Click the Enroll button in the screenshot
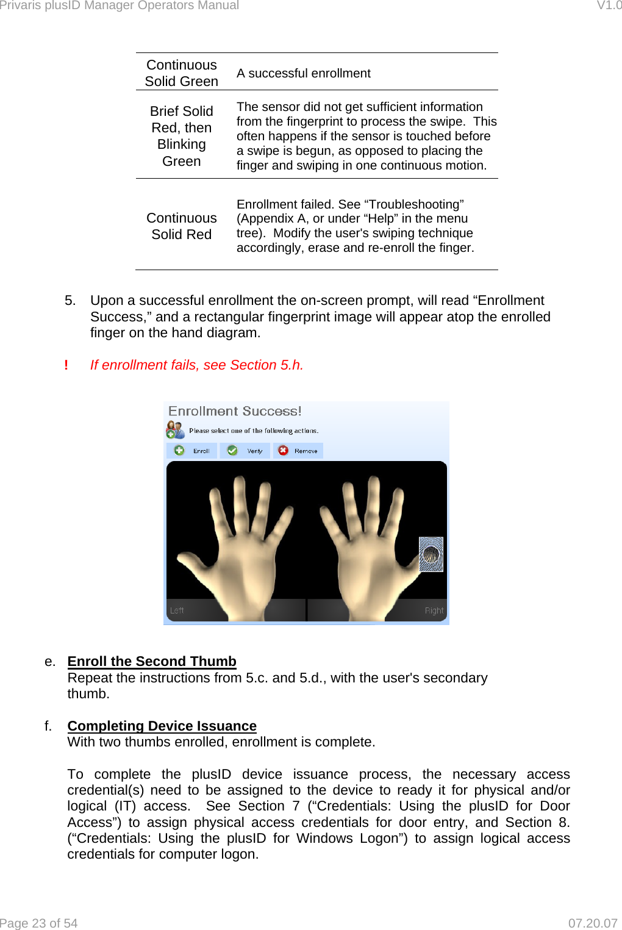(192, 451)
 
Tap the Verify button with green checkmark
(245, 451)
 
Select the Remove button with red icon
(298, 451)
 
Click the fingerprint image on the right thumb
(431, 554)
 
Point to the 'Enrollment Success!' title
(235, 411)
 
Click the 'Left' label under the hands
(177, 610)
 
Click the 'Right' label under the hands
(434, 610)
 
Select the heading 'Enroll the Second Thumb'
(152, 661)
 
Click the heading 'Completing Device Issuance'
(162, 726)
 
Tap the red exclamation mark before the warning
(66, 365)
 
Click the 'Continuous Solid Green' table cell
(182, 73)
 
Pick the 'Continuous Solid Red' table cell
(182, 226)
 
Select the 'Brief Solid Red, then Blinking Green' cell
(182, 136)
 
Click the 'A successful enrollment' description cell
(303, 73)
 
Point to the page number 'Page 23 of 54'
(39, 923)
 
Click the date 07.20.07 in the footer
(592, 923)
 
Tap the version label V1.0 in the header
(609, 5)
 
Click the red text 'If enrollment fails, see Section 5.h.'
(196, 365)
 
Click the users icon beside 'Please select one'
(175, 430)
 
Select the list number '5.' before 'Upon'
(70, 301)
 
